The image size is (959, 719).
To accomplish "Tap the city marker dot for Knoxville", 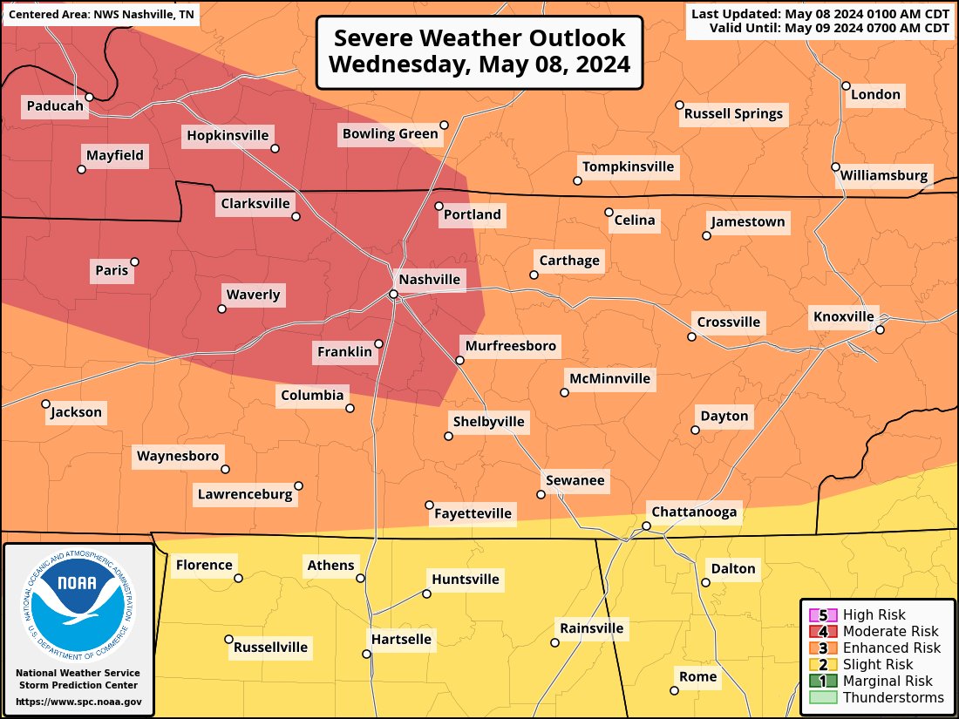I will pos(881,329).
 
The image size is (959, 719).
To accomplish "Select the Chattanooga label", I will pos(695,512).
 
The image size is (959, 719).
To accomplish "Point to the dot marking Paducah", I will pos(89,97).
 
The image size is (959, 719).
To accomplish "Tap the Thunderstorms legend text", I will pos(894,697).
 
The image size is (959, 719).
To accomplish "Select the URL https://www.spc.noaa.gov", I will pos(78,702).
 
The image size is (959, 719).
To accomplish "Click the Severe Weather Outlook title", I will pos(479,51).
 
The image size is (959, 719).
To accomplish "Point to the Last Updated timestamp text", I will pos(820,14).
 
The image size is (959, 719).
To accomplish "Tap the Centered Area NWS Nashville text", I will pos(101,16).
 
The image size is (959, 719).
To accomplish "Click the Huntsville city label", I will pos(466,579).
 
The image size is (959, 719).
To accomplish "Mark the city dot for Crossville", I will pos(691,336).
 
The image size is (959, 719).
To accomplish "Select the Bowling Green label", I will pos(390,133).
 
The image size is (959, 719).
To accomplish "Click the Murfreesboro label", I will pos(510,346).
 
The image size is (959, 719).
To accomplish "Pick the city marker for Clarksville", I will pos(296,216).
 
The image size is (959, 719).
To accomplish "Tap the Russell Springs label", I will pos(733,113).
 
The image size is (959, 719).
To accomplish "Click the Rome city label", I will pos(698,676).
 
